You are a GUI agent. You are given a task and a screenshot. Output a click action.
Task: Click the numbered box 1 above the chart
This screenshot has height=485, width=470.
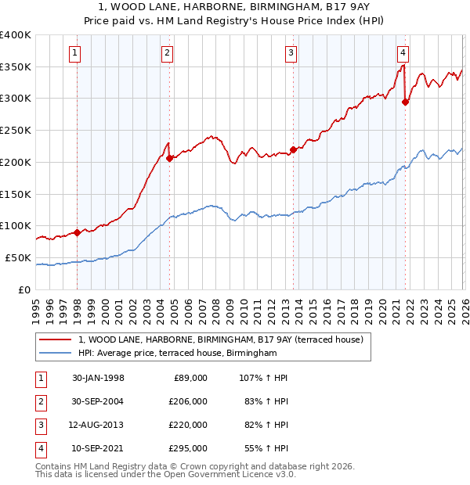tap(74, 53)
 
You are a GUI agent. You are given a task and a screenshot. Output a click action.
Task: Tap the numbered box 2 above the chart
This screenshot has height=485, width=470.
tap(168, 53)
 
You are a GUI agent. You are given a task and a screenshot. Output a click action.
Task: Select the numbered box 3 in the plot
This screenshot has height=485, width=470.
tap(291, 53)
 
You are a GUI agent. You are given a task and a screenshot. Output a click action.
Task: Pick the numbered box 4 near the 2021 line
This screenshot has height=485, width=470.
tap(403, 53)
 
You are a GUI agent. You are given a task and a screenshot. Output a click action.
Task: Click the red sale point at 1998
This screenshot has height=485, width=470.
tap(78, 232)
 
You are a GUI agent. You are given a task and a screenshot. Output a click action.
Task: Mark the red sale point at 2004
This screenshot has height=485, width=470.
tap(170, 158)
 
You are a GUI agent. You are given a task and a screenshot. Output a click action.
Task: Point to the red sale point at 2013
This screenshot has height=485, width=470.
tap(293, 149)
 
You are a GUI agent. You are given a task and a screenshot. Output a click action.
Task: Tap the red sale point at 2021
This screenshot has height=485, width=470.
tap(405, 101)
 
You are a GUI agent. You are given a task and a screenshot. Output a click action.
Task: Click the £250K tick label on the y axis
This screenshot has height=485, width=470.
tap(16, 130)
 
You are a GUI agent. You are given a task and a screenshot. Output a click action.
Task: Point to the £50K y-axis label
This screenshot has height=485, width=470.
tap(18, 257)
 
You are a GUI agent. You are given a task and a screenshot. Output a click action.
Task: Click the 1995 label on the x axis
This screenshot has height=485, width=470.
tap(35, 309)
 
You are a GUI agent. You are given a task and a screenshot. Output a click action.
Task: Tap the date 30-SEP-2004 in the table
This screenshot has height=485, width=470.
tap(98, 401)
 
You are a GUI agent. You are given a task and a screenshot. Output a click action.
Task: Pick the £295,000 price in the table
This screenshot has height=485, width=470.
tap(188, 448)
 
